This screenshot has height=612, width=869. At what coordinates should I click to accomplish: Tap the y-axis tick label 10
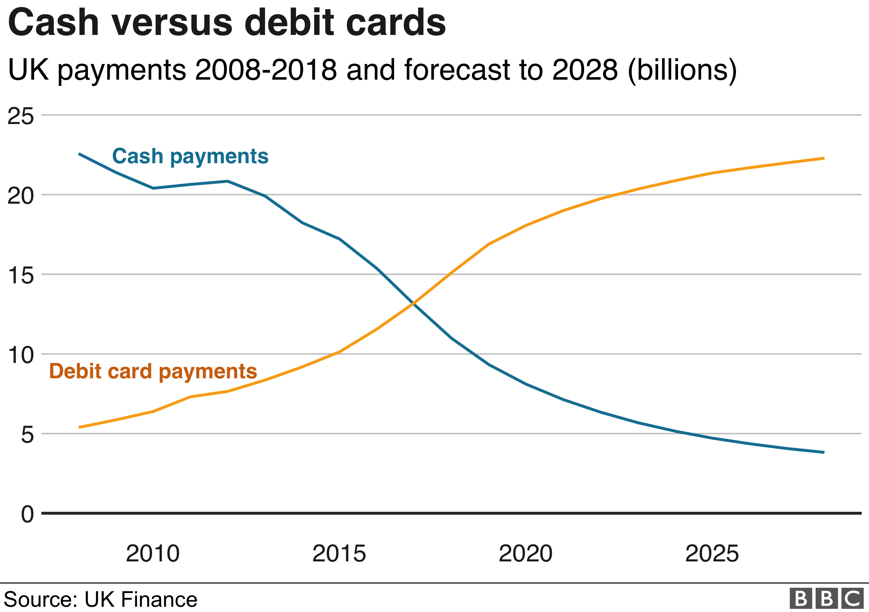tap(21, 355)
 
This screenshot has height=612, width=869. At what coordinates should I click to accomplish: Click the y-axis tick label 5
tap(27, 435)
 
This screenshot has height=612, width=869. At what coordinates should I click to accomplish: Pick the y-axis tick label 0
tap(27, 515)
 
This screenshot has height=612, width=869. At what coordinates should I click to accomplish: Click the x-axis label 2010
tap(153, 554)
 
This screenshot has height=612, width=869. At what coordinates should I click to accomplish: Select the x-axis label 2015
tap(339, 554)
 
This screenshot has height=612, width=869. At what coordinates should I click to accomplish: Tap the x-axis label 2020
tap(526, 554)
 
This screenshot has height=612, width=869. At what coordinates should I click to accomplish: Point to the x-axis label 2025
tap(712, 554)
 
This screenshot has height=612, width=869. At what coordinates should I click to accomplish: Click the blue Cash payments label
tap(190, 156)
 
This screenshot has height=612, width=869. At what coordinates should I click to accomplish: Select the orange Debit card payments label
tap(153, 371)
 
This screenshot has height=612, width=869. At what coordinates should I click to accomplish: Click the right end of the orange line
tap(824, 158)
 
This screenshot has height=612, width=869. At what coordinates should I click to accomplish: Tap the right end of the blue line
tap(824, 452)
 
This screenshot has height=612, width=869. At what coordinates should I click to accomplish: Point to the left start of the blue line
tap(79, 154)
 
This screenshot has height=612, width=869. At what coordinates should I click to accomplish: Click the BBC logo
tap(827, 599)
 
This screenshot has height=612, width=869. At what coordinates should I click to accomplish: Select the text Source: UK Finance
tap(100, 600)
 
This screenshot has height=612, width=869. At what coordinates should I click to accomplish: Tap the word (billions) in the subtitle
tap(682, 70)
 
